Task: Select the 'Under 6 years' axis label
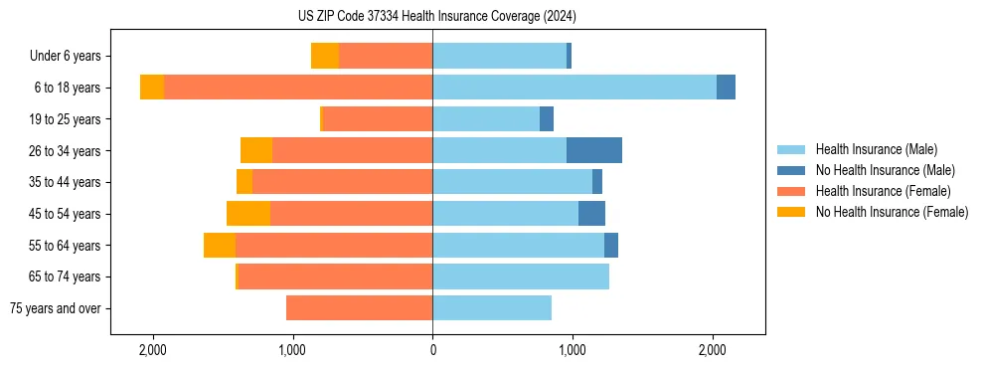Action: [x=71, y=57]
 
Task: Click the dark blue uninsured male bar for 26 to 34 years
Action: [x=594, y=150]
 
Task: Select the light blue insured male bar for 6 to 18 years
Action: [x=574, y=88]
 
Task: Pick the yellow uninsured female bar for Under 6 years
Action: [x=325, y=56]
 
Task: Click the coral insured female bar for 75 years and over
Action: [x=359, y=308]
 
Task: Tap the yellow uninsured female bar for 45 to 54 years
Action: [x=248, y=214]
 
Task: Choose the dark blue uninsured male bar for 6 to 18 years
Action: [x=726, y=88]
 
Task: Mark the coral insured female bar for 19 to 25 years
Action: [x=378, y=119]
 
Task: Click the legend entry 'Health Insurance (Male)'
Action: [x=876, y=149]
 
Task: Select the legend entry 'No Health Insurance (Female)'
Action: [x=892, y=212]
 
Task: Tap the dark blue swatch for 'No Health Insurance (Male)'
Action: [x=791, y=170]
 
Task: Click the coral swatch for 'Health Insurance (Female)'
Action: [x=791, y=191]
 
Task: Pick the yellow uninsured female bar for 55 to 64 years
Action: [x=220, y=246]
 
